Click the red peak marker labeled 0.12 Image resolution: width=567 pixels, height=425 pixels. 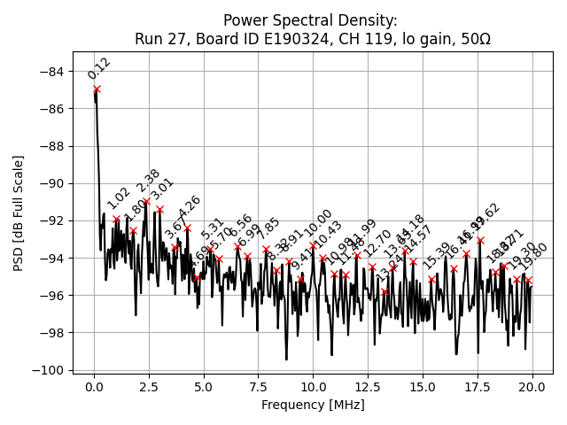[x=97, y=89]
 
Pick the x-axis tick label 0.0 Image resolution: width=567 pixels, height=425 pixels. [x=94, y=388]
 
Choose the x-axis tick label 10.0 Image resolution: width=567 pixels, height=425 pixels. [x=313, y=388]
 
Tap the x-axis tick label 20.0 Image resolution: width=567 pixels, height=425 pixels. [x=532, y=388]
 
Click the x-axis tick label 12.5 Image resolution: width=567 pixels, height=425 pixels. [x=368, y=388]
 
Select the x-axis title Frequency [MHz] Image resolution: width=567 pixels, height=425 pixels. [x=313, y=406]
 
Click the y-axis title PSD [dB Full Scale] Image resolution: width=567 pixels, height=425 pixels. [x=19, y=212]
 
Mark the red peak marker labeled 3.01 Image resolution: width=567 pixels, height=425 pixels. [x=159, y=210]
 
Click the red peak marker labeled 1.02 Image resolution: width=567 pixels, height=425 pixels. [x=116, y=219]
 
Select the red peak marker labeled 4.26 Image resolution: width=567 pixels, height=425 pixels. [x=187, y=228]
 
